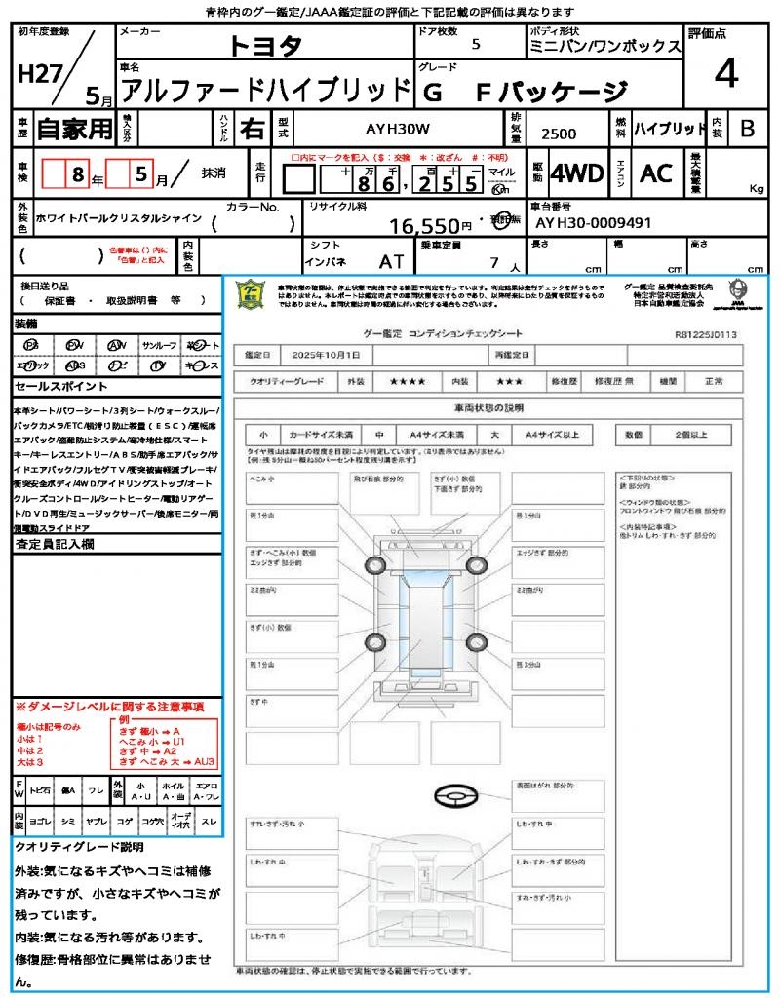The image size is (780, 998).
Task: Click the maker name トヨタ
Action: click(265, 46)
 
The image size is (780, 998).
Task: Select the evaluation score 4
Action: click(724, 73)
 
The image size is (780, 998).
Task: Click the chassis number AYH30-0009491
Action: click(593, 223)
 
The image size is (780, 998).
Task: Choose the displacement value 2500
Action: click(559, 134)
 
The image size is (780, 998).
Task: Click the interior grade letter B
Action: click(747, 129)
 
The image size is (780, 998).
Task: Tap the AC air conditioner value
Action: click(656, 173)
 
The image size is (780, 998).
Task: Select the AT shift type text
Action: click(391, 262)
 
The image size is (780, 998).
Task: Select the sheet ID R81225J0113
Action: click(705, 334)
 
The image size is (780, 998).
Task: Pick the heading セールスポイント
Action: click(53, 386)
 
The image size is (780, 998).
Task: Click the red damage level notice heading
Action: click(109, 706)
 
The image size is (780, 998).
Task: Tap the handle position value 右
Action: click(251, 128)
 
